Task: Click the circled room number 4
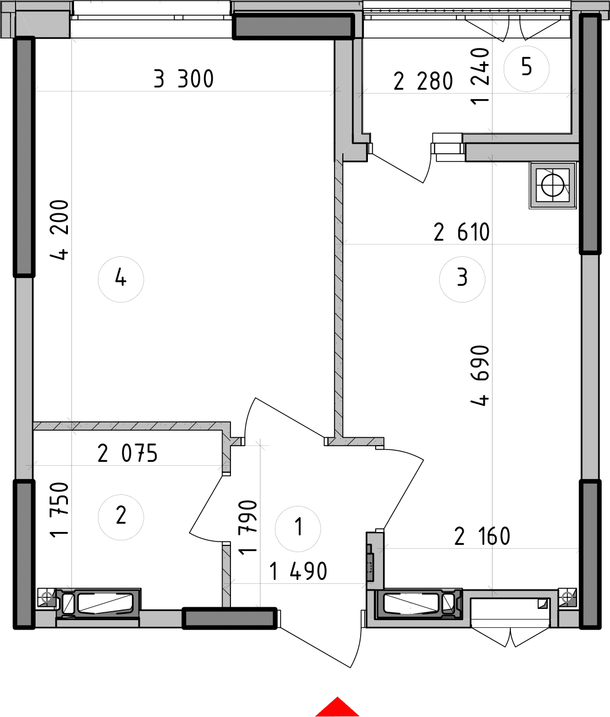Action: click(x=121, y=279)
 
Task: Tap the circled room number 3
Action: click(x=462, y=279)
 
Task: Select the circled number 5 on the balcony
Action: click(x=526, y=68)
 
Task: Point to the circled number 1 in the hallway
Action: click(x=298, y=526)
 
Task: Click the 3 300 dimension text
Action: click(x=184, y=80)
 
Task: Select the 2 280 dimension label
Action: click(x=423, y=82)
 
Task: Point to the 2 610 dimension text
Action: click(x=461, y=232)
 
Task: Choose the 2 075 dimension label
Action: click(x=127, y=455)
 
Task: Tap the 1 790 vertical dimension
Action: click(x=247, y=527)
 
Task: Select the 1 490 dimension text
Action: click(x=298, y=571)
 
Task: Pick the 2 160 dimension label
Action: click(x=481, y=537)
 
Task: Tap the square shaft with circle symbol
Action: click(x=552, y=185)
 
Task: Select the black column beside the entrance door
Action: click(x=229, y=617)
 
